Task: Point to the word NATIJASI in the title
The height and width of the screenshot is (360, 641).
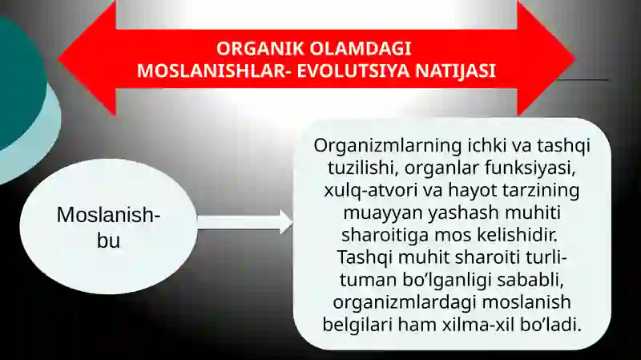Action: click(454, 71)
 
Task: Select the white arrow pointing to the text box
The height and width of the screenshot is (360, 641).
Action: click(245, 221)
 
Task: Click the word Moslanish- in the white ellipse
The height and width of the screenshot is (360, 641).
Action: click(108, 215)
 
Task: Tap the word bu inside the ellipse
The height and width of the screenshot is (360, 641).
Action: click(108, 239)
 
